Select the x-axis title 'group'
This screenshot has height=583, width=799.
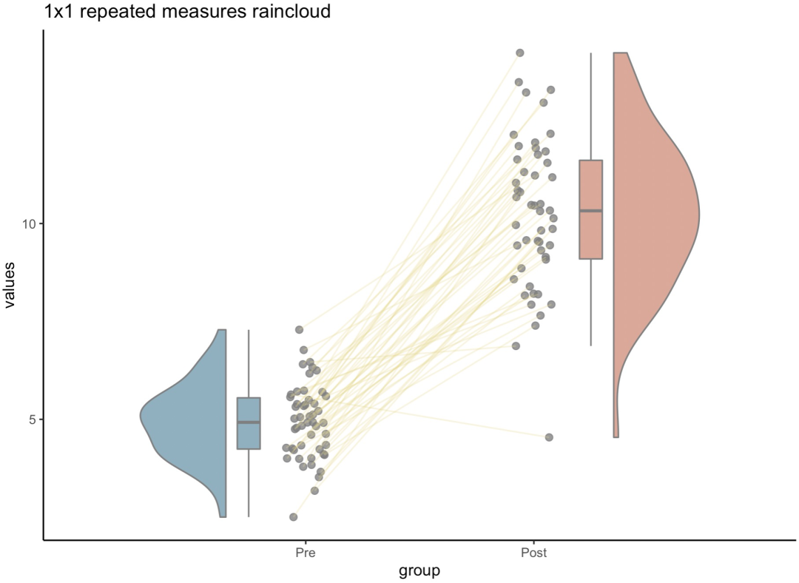[419, 570]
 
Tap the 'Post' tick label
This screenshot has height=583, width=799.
[533, 553]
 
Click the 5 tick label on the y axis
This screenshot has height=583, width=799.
[33, 419]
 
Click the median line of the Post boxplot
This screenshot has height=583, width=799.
[590, 211]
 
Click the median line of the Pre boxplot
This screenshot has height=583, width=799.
[249, 422]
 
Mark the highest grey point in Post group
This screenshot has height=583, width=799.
[520, 53]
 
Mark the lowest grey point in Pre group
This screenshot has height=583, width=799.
[294, 516]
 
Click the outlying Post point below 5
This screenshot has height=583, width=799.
[549, 437]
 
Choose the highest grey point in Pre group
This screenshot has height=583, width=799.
[300, 329]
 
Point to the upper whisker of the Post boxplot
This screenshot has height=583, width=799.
[590, 104]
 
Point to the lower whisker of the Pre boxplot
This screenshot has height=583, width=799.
[249, 485]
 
